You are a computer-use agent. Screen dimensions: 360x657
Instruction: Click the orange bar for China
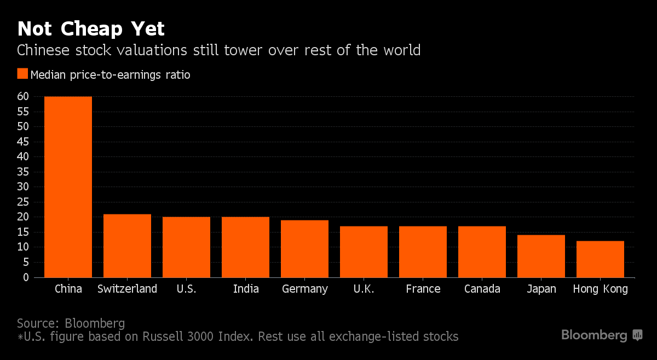coord(68,187)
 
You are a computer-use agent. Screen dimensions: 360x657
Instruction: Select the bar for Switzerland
coord(127,246)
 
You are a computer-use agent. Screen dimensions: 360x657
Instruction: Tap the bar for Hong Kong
coord(600,259)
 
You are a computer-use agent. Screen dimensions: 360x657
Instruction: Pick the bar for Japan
coord(541,256)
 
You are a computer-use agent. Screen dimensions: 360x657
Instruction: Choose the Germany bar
coord(304,248)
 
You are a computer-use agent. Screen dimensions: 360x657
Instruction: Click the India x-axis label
coord(246,289)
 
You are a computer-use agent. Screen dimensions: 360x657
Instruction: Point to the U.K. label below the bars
coord(364,289)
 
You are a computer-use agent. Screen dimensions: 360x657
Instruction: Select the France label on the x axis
coord(423,289)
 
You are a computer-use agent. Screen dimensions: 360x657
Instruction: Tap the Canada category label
coord(482,289)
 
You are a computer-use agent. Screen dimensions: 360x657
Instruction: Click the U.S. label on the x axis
coord(187,289)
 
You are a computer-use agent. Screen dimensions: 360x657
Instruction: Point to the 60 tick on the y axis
coord(22,97)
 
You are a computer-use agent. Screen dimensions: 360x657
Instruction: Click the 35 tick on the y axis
coord(22,172)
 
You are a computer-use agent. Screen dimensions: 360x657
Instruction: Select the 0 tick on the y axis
coord(25,277)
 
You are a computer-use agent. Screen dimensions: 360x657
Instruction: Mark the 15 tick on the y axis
coord(22,232)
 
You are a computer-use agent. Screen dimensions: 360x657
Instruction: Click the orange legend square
coord(22,74)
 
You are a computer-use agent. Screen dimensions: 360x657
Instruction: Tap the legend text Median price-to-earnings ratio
coord(111,75)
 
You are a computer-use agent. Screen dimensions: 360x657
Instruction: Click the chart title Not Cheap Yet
coord(91,28)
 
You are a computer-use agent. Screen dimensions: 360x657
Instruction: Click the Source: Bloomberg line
coord(71,323)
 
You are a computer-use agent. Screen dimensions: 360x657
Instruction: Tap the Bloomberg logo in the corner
coord(601,335)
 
